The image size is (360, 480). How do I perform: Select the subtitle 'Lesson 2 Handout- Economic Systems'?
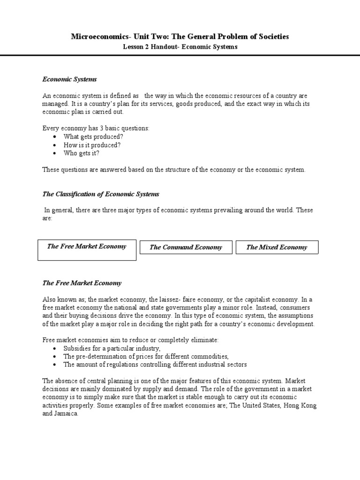click(180, 47)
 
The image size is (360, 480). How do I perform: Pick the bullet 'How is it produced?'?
click(92, 145)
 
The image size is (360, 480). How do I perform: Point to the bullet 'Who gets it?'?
click(82, 153)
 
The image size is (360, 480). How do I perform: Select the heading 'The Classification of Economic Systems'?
click(101, 194)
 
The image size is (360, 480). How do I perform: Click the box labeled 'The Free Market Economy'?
click(87, 250)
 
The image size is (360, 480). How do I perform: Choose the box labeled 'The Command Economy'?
click(186, 247)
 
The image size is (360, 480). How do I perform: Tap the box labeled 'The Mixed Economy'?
click(277, 247)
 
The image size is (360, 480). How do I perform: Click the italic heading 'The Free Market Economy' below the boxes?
click(82, 283)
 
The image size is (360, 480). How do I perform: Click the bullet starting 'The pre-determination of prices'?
click(146, 356)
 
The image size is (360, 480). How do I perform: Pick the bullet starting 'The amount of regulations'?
click(155, 364)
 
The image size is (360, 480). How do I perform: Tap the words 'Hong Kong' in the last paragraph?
click(300, 405)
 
